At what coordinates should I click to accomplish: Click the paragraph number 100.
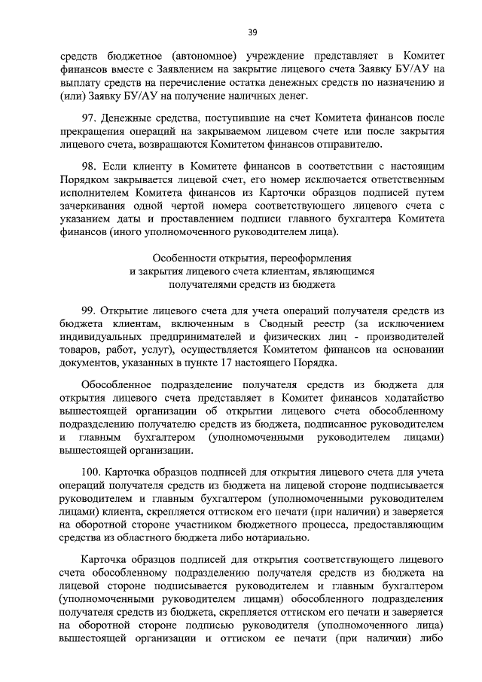92,471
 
